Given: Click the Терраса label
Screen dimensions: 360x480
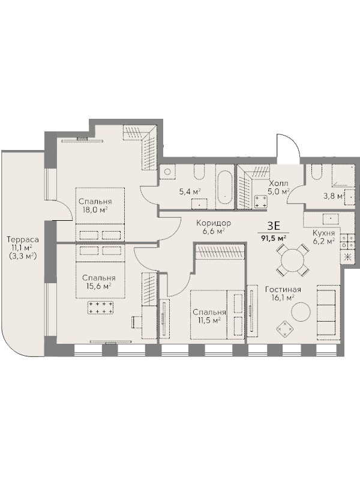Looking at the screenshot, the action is (x=23, y=239).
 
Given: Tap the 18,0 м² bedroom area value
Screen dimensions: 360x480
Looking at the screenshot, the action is (x=95, y=210).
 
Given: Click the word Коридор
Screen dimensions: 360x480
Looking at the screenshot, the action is (x=214, y=223).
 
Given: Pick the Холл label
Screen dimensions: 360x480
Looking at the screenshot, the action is (x=278, y=184).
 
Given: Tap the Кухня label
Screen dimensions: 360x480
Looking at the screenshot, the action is (x=323, y=233).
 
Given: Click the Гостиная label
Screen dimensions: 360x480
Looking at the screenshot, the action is (x=283, y=289).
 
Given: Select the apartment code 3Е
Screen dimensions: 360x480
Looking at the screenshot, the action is (x=274, y=226).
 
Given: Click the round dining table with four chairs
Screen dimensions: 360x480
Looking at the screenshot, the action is (x=292, y=260).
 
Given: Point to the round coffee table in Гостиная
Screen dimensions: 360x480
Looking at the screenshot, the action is (x=301, y=312).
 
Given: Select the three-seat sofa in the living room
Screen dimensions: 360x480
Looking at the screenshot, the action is (x=328, y=312).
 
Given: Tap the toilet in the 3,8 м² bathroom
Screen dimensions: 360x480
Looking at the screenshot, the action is (x=317, y=172).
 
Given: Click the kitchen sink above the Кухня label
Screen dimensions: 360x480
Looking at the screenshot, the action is (x=331, y=219).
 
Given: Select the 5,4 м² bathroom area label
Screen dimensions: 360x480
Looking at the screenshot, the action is (x=190, y=192).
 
